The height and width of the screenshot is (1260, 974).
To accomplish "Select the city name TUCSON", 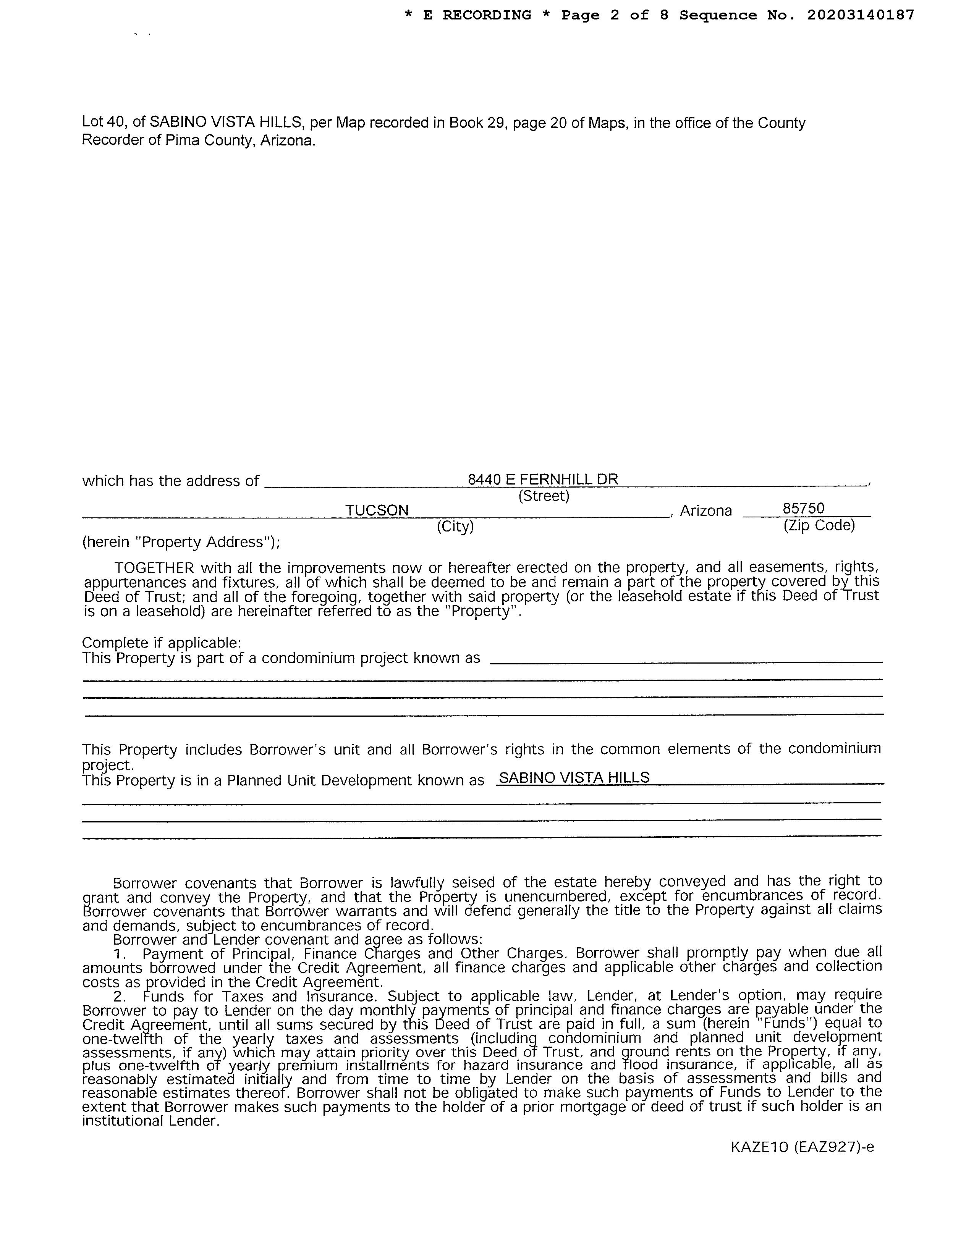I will pos(377,510).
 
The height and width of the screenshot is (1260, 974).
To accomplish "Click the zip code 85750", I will pos(803,508).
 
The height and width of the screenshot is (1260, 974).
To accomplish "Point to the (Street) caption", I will pos(544,496).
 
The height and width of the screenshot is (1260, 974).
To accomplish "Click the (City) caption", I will pos(455,526).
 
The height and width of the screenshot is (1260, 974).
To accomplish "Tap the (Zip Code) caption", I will pos(819,525).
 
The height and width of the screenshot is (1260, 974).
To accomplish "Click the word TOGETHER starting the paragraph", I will pos(154,568).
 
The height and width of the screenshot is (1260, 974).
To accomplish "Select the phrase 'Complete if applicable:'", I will pos(162,642).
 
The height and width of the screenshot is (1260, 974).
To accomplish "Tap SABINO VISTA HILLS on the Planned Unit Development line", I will pos(574,778).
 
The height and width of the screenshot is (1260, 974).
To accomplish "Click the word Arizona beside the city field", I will pos(706,510).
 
